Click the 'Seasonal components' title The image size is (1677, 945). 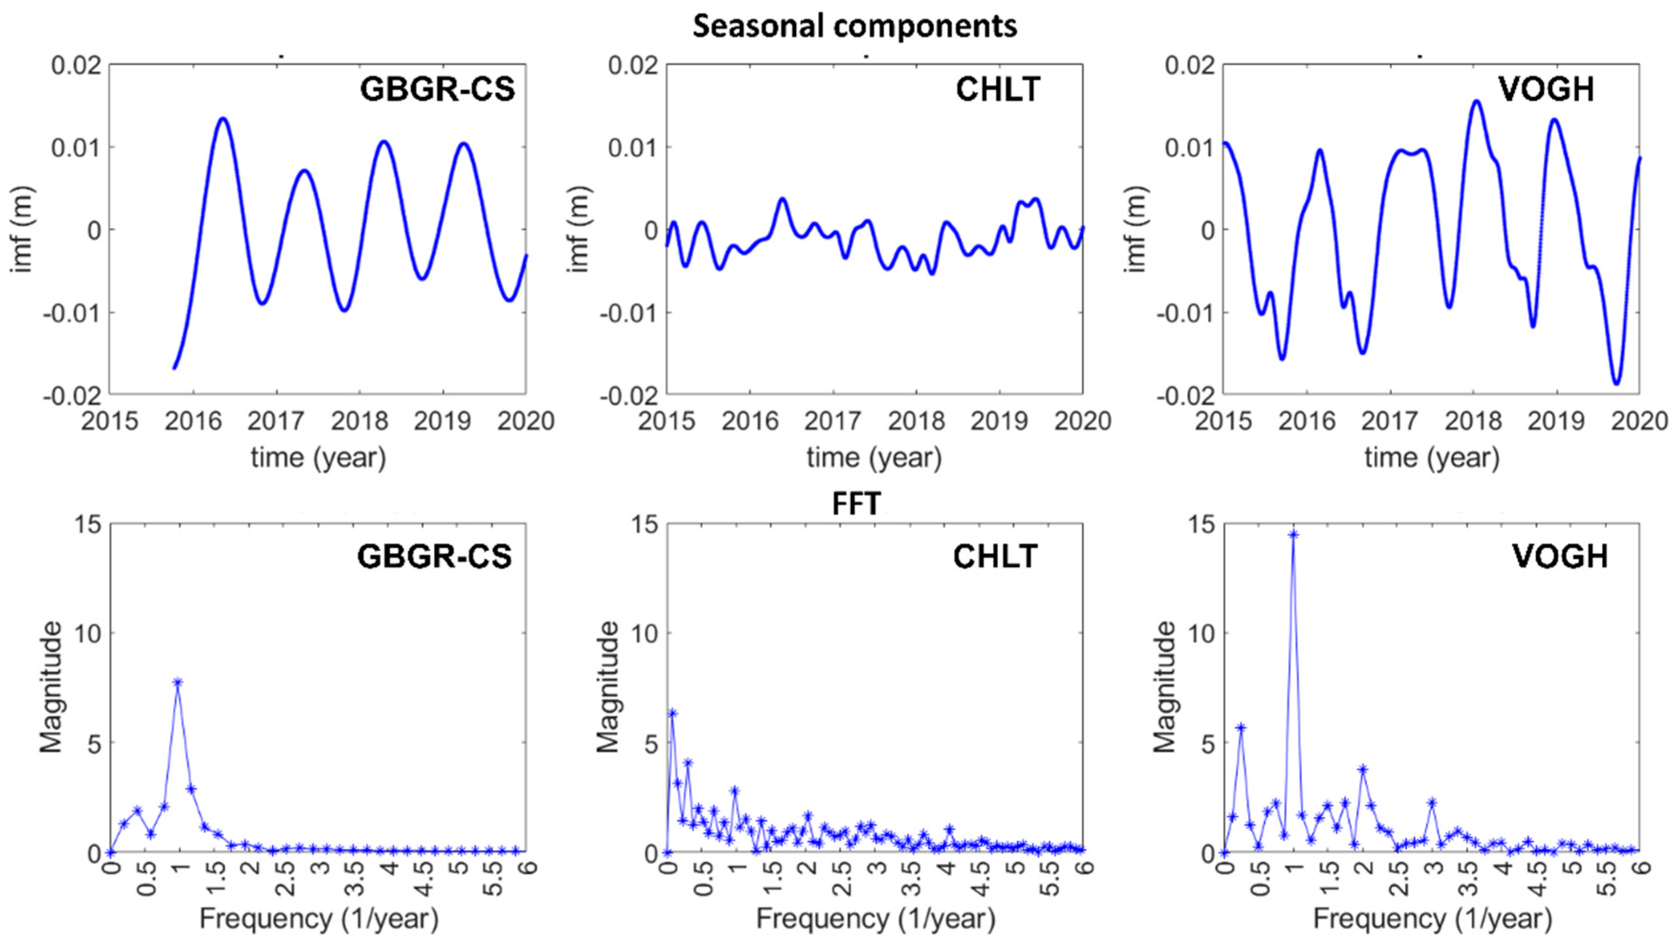tap(854, 26)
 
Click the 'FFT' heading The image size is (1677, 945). tap(856, 503)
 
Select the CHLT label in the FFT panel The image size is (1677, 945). tap(995, 556)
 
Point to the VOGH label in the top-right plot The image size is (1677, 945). tap(1546, 89)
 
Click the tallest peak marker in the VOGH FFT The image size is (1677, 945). tap(1293, 535)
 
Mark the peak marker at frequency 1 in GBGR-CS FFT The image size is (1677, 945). tap(178, 682)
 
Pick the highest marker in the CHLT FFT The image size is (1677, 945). tap(673, 713)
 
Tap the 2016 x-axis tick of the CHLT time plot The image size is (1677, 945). tap(750, 422)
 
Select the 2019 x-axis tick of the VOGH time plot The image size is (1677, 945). tap(1557, 422)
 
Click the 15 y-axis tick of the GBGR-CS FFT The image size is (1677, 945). tap(88, 525)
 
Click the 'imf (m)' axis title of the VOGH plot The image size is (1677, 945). tap(1136, 229)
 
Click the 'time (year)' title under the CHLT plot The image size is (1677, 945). tap(874, 457)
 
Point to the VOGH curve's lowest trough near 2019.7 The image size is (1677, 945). tap(1616, 383)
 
